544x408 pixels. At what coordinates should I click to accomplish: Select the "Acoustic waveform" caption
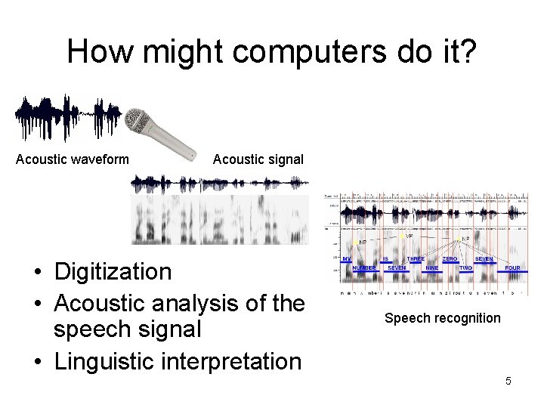point(73,159)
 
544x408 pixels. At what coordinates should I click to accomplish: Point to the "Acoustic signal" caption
point(258,159)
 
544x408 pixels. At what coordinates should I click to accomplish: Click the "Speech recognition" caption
point(443,318)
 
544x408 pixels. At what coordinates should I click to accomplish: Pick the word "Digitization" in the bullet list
point(113,271)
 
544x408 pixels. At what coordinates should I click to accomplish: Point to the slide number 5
point(508,382)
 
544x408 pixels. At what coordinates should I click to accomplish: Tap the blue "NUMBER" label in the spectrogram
point(363,268)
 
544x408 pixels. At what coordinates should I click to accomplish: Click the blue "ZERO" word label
point(450,259)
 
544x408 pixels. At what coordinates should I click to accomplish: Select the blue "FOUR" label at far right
point(512,268)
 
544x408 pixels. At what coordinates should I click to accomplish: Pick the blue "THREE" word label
point(416,259)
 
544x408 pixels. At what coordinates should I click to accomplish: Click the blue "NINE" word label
point(431,268)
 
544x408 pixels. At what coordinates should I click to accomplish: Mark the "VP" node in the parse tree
point(409,236)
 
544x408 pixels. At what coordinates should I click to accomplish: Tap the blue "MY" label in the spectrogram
point(346,259)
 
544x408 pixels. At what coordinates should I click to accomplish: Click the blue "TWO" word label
point(465,268)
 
